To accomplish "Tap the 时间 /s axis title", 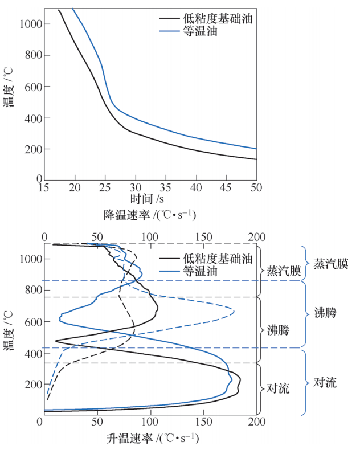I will [x=147, y=199].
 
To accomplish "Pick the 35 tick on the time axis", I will [x=165, y=186].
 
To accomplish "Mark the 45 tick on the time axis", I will [x=226, y=186].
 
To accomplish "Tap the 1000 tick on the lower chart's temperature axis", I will [x=25, y=259].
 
